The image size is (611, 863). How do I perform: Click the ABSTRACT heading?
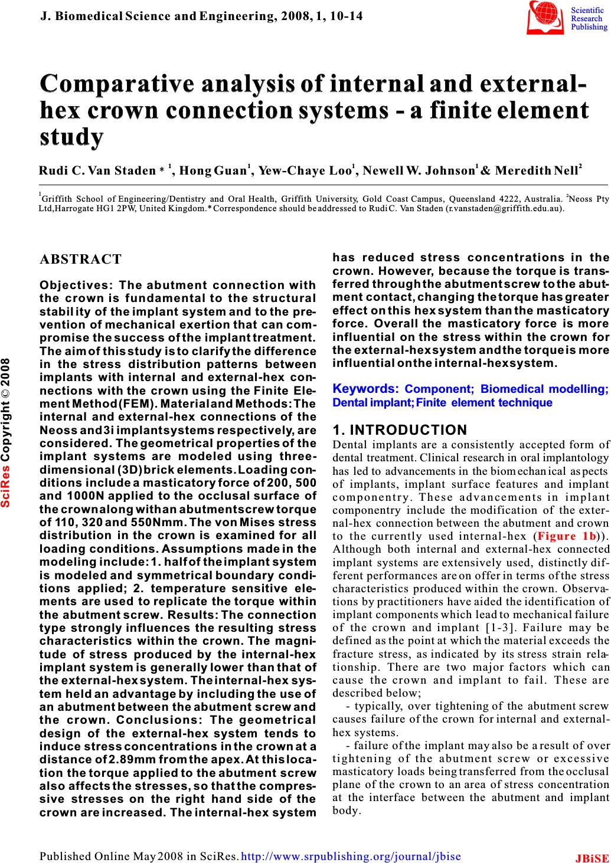point(80,260)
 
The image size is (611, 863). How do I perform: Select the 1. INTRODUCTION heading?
point(400,430)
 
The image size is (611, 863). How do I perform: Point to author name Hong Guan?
point(212,172)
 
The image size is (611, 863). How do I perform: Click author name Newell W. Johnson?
point(418,172)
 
